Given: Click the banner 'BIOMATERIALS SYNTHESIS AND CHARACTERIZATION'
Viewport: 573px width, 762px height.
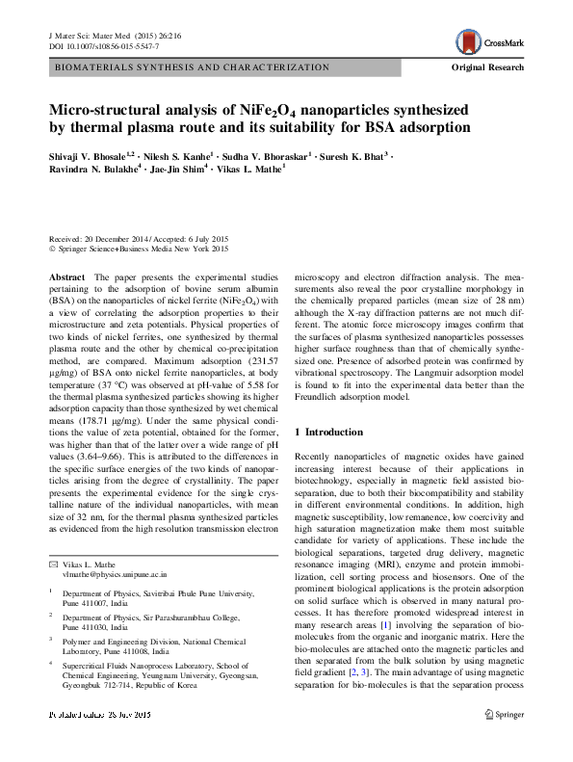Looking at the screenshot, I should (193, 68).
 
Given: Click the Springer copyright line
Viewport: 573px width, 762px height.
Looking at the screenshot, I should (139, 250).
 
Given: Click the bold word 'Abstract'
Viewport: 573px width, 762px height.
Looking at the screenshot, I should (66, 276).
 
